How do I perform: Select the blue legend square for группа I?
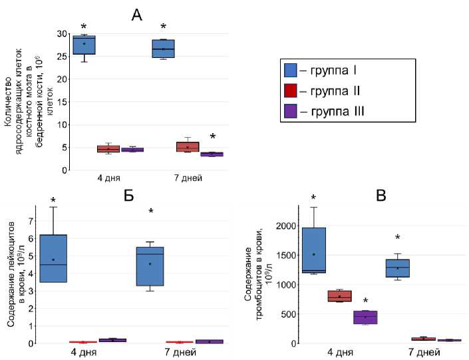point(290,69)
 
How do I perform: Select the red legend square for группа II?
point(290,90)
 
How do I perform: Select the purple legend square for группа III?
point(290,111)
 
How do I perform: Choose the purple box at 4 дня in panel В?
point(365,317)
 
